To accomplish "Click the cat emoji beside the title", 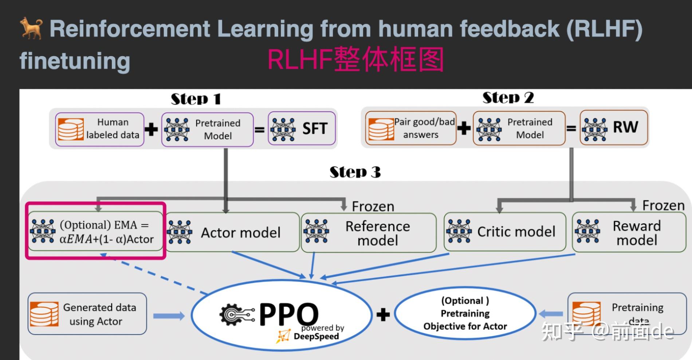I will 31,28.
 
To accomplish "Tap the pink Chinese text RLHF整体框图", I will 355,59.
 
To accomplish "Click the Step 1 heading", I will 196,99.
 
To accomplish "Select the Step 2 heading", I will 508,98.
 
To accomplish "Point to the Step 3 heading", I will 355,172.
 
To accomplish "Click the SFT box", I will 302,129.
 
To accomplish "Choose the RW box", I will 614,128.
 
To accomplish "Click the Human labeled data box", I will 99,129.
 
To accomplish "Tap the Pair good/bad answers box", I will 410,128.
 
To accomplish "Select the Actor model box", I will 232,232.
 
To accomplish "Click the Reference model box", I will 369,233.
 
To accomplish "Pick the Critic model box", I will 505,232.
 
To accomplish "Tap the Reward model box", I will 629,232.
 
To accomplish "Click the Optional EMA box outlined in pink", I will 95,232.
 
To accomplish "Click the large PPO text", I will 288,314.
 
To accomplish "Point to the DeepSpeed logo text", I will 316,336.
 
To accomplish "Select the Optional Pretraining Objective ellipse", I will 465,313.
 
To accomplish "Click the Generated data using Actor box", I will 87,314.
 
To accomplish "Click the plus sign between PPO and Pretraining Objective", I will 383,314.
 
